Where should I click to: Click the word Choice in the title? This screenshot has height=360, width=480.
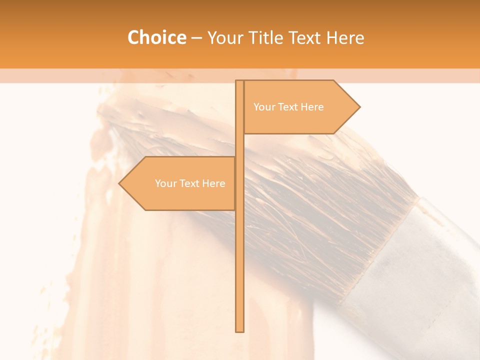tap(156, 37)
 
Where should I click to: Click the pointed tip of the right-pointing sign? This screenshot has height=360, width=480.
tap(359, 107)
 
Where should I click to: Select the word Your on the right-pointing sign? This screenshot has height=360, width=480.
tap(264, 107)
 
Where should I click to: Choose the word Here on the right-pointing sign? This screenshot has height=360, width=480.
tap(312, 107)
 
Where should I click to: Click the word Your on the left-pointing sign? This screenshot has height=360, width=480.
tap(165, 183)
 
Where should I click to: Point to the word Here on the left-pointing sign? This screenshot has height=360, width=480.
tap(213, 183)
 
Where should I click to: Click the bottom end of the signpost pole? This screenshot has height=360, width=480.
tap(239, 330)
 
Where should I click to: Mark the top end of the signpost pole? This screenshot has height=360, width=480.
tap(239, 81)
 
